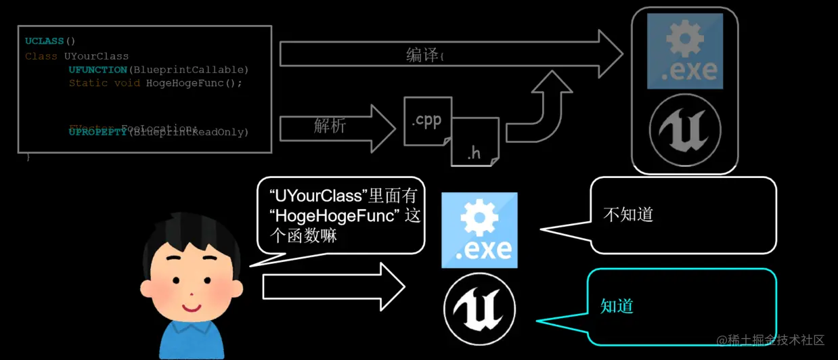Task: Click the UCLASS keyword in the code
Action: click(x=45, y=41)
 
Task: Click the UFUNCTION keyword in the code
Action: click(x=97, y=70)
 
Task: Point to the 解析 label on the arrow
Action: click(x=330, y=126)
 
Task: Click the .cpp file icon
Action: click(x=427, y=121)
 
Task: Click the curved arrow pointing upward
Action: click(x=542, y=108)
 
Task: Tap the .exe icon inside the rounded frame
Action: click(x=684, y=51)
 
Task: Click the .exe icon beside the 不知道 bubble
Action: click(x=479, y=230)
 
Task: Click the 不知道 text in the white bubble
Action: click(x=627, y=215)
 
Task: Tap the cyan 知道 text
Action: click(x=617, y=306)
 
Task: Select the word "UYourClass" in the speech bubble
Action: click(x=316, y=197)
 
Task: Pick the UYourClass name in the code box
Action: click(x=96, y=55)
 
